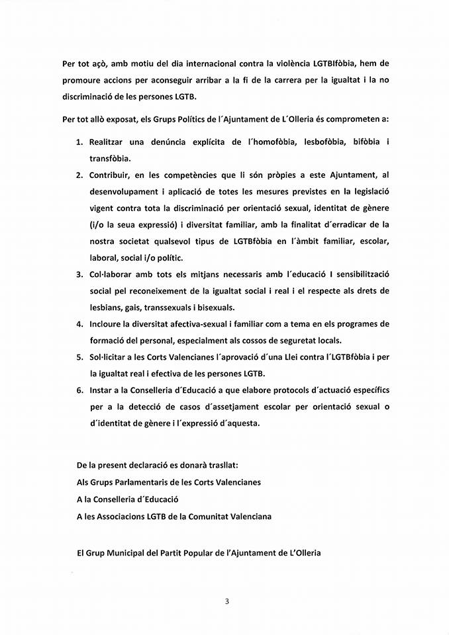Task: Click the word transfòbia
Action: tap(111, 159)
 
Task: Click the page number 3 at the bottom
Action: tap(226, 601)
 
